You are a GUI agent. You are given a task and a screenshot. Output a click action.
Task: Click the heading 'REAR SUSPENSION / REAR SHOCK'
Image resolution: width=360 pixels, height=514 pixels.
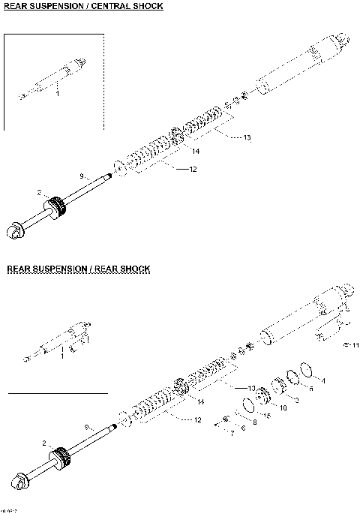[79, 268]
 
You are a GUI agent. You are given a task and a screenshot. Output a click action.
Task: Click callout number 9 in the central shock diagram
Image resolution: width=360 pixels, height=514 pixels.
[81, 176]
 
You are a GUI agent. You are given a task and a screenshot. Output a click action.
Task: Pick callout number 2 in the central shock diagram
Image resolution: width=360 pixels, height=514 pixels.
[38, 193]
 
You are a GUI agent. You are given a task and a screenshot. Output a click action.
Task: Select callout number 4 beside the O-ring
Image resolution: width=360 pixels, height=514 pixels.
[323, 381]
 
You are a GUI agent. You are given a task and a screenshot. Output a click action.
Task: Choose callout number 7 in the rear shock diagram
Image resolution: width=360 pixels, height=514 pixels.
[232, 433]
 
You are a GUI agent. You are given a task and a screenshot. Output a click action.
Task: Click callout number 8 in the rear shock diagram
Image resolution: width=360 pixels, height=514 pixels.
[253, 422]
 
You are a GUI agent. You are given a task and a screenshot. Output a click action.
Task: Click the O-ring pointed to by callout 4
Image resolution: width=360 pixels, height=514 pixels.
[304, 369]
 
